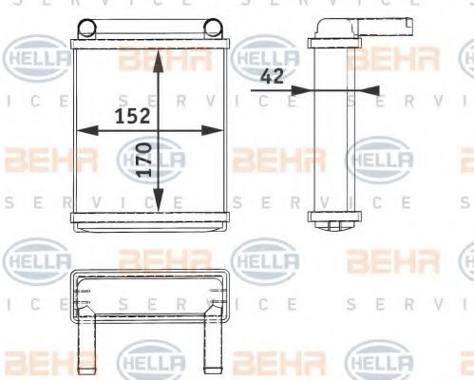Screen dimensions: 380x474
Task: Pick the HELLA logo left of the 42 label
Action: tap(263, 59)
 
